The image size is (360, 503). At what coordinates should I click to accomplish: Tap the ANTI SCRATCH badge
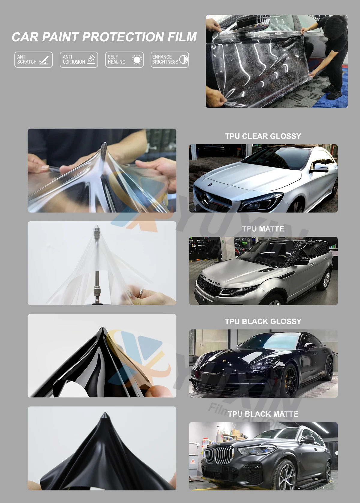(x=34, y=59)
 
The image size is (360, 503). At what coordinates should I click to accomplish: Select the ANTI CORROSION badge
(x=79, y=59)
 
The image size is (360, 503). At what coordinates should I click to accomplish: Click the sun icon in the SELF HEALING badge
(x=137, y=60)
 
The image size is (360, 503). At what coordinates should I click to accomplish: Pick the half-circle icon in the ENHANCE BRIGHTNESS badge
(x=183, y=59)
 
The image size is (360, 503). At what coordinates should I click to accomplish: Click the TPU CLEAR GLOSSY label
(x=263, y=136)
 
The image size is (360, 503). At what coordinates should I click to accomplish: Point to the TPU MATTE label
(x=263, y=229)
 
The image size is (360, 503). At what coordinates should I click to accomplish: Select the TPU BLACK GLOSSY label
(x=263, y=322)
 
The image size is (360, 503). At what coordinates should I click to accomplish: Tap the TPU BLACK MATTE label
(x=263, y=414)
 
